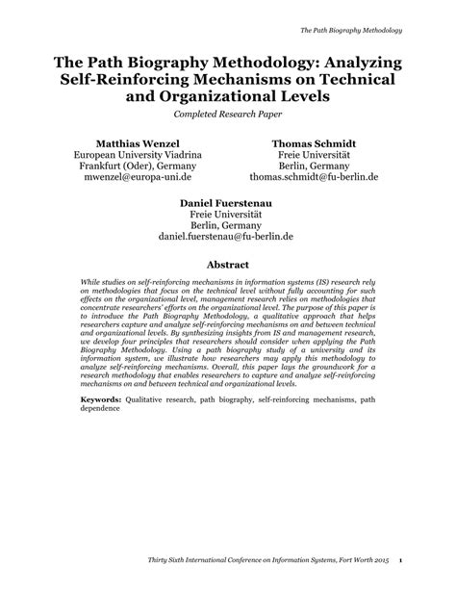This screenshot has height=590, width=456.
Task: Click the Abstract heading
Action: pyautogui.click(x=227, y=264)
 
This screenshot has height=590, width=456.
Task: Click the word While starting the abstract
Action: pyautogui.click(x=92, y=285)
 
